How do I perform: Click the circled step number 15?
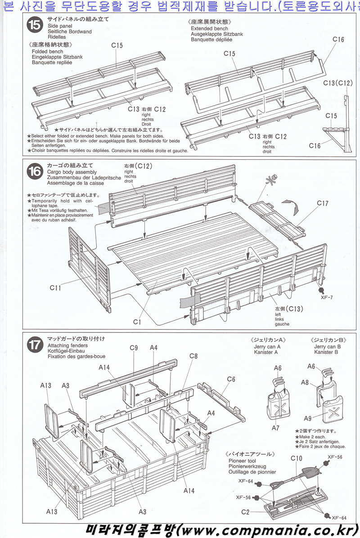click(x=34, y=25)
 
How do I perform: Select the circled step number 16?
click(x=34, y=171)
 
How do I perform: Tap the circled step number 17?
click(x=34, y=345)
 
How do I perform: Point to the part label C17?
click(x=323, y=203)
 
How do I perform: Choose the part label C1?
click(x=137, y=322)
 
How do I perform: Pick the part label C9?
click(x=133, y=347)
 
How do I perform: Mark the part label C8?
click(x=193, y=356)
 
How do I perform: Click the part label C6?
click(x=231, y=379)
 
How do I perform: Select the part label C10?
click(x=296, y=458)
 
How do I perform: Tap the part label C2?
click(x=245, y=512)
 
